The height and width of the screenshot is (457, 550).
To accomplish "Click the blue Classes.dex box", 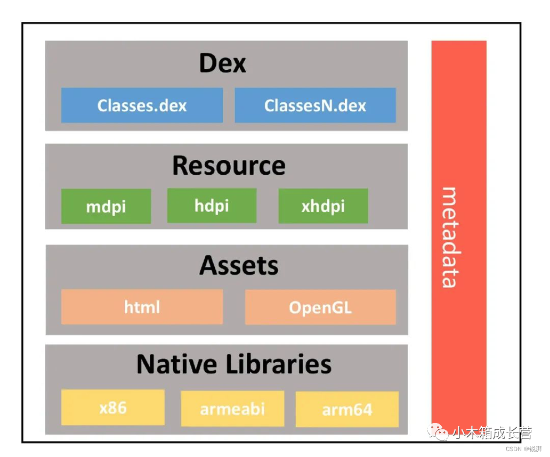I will [142, 105].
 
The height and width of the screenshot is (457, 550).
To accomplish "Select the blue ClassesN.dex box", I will [315, 105].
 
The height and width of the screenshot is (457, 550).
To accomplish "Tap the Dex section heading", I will [223, 63].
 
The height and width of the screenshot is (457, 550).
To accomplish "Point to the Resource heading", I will [229, 166].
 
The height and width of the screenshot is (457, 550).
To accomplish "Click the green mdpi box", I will [106, 206].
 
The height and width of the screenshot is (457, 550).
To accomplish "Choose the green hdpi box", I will [212, 206].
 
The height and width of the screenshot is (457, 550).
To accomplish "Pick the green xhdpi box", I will [323, 206].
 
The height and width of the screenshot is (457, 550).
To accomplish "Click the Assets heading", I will [239, 265].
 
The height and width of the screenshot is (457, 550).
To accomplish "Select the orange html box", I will [142, 307].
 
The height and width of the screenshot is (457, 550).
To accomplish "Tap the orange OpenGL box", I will [320, 307].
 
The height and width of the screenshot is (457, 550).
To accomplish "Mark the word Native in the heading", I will [177, 364].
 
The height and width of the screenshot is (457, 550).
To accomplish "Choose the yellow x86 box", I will [113, 407].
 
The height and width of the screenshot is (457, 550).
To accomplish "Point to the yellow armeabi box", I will [232, 409].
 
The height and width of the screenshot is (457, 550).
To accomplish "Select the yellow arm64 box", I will [347, 410].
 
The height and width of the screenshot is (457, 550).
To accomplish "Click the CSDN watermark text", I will [513, 449].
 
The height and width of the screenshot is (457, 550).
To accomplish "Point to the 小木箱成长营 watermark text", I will [492, 433].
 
